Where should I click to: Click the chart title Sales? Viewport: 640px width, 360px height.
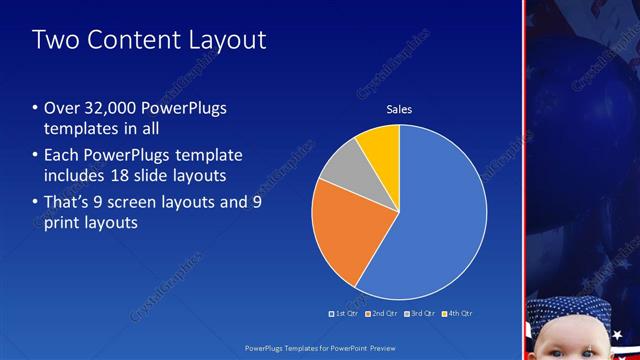click(399, 109)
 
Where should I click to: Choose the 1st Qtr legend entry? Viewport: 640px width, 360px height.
click(344, 313)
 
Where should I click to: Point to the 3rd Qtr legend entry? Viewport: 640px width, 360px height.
click(420, 313)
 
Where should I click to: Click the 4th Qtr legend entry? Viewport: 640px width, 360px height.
click(457, 313)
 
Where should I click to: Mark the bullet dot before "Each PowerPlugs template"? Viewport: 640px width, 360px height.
click(36, 155)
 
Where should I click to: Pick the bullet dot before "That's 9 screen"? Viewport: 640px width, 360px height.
click(36, 202)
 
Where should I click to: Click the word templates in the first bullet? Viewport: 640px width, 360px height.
click(79, 130)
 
